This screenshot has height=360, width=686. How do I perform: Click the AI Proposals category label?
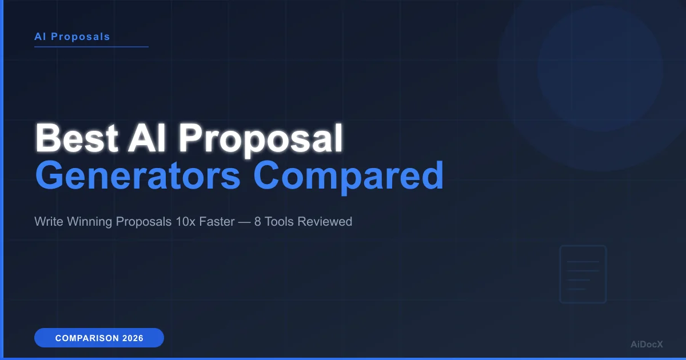[72, 37]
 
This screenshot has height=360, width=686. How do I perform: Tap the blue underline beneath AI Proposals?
[91, 46]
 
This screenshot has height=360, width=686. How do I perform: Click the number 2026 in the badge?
[133, 338]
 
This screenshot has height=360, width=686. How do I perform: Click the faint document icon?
[583, 274]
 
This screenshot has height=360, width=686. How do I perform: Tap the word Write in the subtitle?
[48, 221]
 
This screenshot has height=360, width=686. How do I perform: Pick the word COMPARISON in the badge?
[86, 338]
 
